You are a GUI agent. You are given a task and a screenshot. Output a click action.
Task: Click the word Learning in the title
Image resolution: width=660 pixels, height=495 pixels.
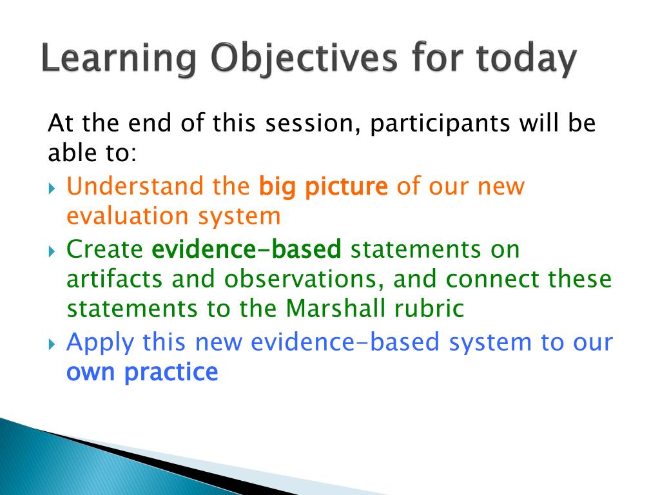click(119, 59)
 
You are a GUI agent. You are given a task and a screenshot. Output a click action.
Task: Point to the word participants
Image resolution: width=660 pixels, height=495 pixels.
click(440, 124)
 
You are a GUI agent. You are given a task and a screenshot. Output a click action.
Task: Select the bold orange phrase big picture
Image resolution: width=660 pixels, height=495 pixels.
click(323, 187)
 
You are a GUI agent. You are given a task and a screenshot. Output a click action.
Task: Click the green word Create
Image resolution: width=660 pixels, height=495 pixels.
click(105, 249)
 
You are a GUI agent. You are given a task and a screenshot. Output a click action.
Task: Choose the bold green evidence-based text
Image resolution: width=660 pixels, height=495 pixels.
click(246, 249)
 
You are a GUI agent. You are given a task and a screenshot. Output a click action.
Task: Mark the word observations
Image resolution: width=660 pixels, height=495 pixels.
click(304, 280)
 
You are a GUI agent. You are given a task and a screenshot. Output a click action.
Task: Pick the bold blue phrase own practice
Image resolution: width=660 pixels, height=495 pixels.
click(142, 373)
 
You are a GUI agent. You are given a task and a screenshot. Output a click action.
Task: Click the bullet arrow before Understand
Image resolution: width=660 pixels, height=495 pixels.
click(52, 188)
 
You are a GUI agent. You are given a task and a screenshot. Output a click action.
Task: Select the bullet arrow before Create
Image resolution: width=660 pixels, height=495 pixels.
click(52, 251)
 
